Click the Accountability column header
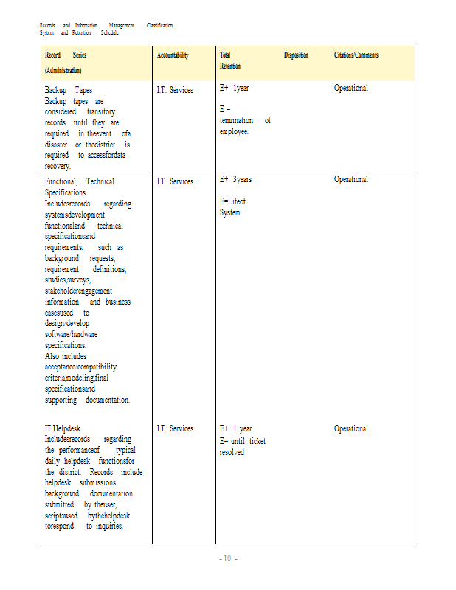173,55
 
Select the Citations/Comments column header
356,55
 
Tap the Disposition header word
296,55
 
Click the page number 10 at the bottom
227,558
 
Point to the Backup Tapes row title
69,90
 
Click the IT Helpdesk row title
63,428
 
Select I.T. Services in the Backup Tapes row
175,90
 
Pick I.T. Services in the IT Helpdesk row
175,428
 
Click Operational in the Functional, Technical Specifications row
350,179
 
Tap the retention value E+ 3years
235,179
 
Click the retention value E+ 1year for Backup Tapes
234,88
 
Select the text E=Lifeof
232,201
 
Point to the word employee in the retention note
234,131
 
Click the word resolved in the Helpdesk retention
232,452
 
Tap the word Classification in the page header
159,26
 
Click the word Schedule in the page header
109,33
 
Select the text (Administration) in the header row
63,70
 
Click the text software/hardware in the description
71,334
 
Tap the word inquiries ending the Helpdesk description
109,526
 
